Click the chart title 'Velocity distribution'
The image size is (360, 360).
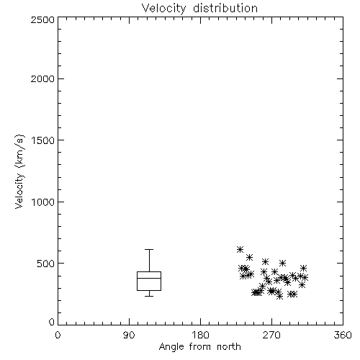pyautogui.click(x=199, y=8)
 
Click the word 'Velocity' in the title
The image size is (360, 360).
pyautogui.click(x=163, y=8)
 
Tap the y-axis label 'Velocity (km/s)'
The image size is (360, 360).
pyautogui.click(x=19, y=171)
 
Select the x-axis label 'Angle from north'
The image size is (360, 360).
pyautogui.click(x=199, y=346)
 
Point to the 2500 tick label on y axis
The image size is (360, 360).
pyautogui.click(x=42, y=19)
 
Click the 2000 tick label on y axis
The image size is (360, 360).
pyautogui.click(x=42, y=78)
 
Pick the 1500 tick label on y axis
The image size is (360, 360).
pyautogui.click(x=43, y=140)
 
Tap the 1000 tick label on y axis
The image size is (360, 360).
pyautogui.click(x=43, y=202)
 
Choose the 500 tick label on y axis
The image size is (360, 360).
pyautogui.click(x=46, y=264)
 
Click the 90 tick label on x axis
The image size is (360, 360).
pyautogui.click(x=129, y=335)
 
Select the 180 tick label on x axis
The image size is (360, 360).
pyautogui.click(x=200, y=335)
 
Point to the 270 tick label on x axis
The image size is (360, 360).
pyautogui.click(x=271, y=335)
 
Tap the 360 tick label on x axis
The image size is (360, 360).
pyautogui.click(x=343, y=335)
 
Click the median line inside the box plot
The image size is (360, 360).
pyautogui.click(x=149, y=278)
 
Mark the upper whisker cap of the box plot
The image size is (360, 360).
pyautogui.click(x=149, y=250)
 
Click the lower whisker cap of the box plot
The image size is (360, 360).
pyautogui.click(x=149, y=296)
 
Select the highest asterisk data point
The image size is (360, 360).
pyautogui.click(x=240, y=249)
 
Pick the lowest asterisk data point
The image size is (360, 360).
pyautogui.click(x=279, y=297)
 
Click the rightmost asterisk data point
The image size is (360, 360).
pyautogui.click(x=305, y=278)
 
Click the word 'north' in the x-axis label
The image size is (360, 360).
pyautogui.click(x=229, y=346)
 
